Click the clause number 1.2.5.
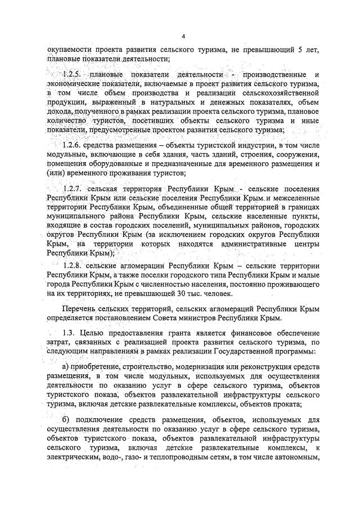(x=71, y=75)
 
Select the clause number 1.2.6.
(x=71, y=145)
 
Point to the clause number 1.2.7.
(x=72, y=188)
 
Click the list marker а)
(x=66, y=366)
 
